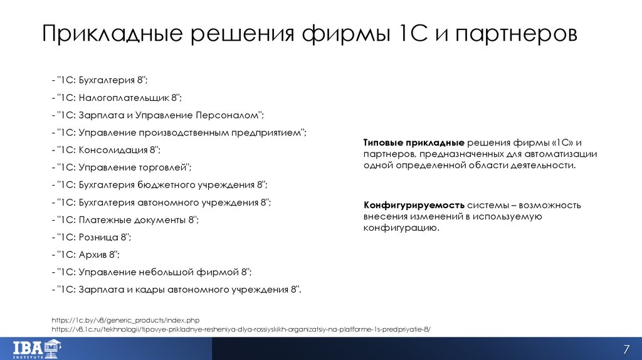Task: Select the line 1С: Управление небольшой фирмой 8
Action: tap(152, 272)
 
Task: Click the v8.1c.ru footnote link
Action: tap(241, 329)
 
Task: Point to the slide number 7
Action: tap(625, 349)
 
